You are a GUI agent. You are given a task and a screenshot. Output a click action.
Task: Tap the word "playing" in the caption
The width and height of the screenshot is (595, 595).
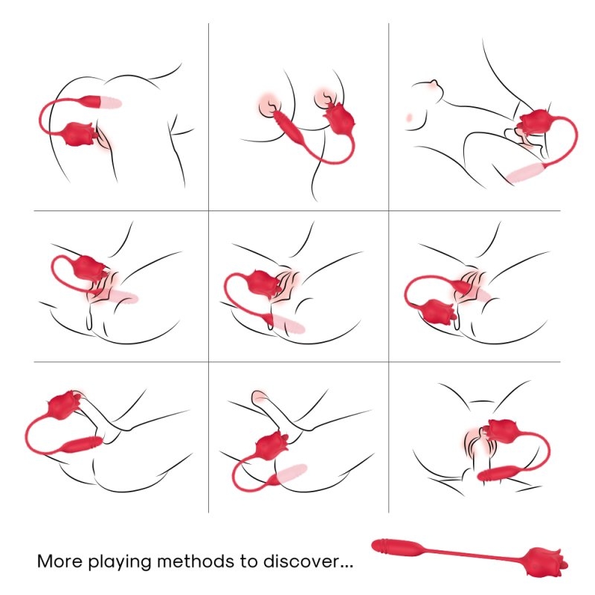click(x=120, y=563)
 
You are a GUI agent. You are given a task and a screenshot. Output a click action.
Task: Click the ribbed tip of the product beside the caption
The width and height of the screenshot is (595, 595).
click(x=383, y=545)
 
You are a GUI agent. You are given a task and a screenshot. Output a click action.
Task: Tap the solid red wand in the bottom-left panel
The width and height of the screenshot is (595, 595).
click(x=82, y=444)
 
